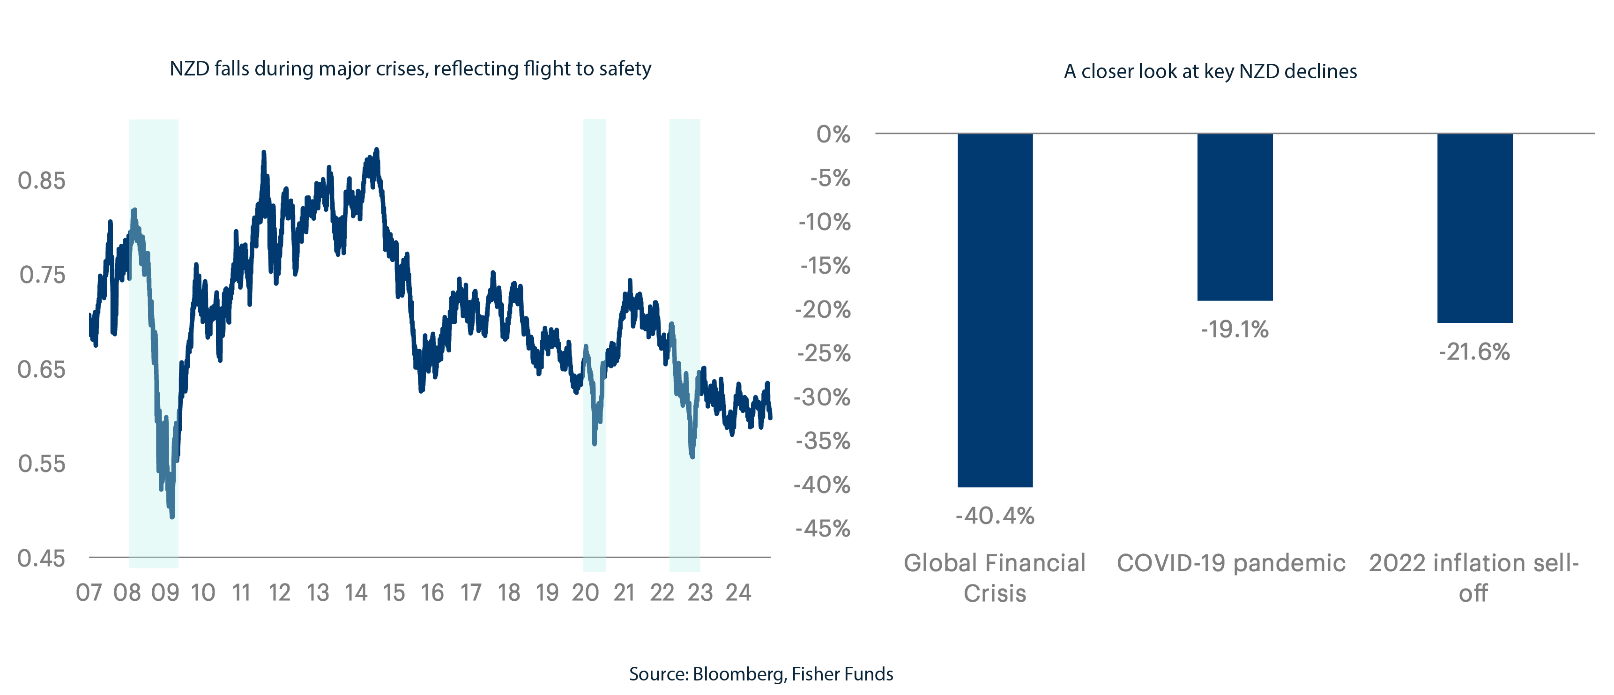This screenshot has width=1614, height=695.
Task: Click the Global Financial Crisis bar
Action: point(995,310)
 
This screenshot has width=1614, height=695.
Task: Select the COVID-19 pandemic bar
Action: point(1235,217)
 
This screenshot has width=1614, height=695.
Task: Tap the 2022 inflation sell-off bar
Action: point(1474,228)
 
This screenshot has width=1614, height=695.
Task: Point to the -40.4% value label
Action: point(995,516)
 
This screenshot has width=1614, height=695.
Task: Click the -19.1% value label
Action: point(1235,329)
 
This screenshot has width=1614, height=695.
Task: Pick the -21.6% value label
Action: point(1474,351)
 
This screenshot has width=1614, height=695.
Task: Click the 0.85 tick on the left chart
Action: point(41,180)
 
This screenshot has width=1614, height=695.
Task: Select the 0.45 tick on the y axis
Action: point(41,558)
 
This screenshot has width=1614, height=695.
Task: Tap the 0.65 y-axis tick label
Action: point(41,369)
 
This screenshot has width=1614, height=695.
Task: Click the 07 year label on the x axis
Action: point(89,592)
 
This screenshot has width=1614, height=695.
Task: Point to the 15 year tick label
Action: point(394,592)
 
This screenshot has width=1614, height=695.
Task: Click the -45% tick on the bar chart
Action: point(823,528)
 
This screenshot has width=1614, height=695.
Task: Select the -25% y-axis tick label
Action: point(823,353)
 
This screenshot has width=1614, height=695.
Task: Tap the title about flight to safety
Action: point(410,68)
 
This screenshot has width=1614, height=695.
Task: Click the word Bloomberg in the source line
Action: point(738,674)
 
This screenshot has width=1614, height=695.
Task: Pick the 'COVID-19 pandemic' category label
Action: point(1231,563)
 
